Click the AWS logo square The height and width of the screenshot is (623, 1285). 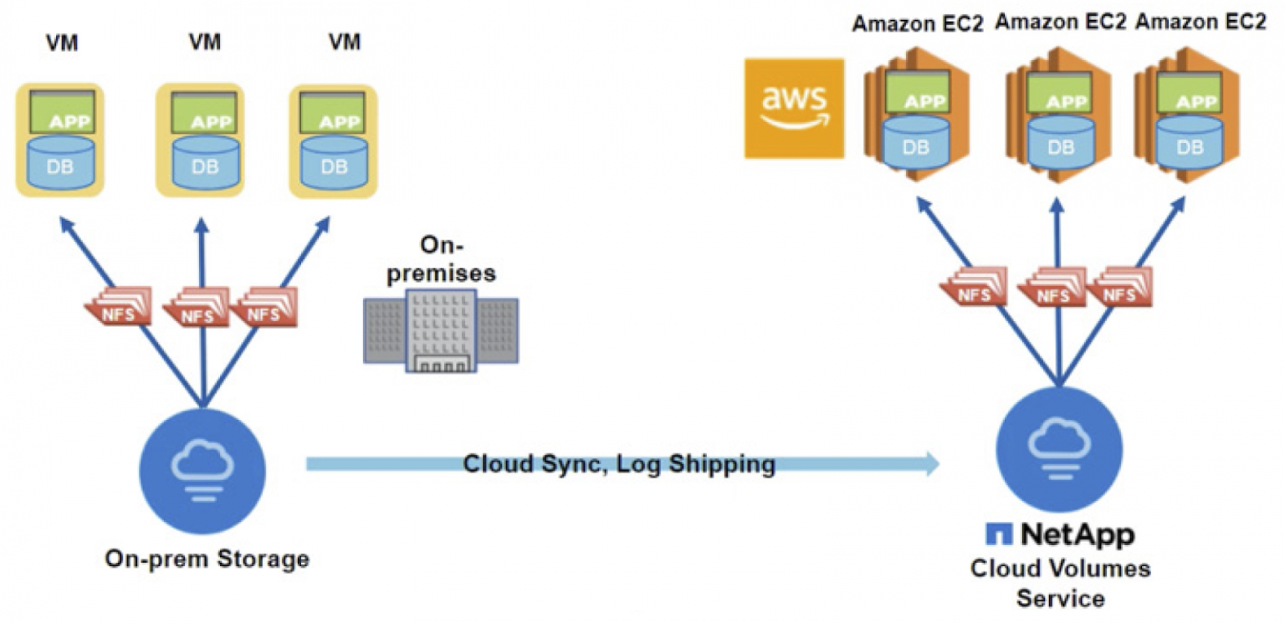(794, 108)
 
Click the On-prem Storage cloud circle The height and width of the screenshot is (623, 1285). (202, 462)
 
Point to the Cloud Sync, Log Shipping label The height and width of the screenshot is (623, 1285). (619, 464)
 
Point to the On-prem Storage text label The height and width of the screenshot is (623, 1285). (207, 559)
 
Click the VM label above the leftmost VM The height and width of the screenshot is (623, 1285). (62, 43)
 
